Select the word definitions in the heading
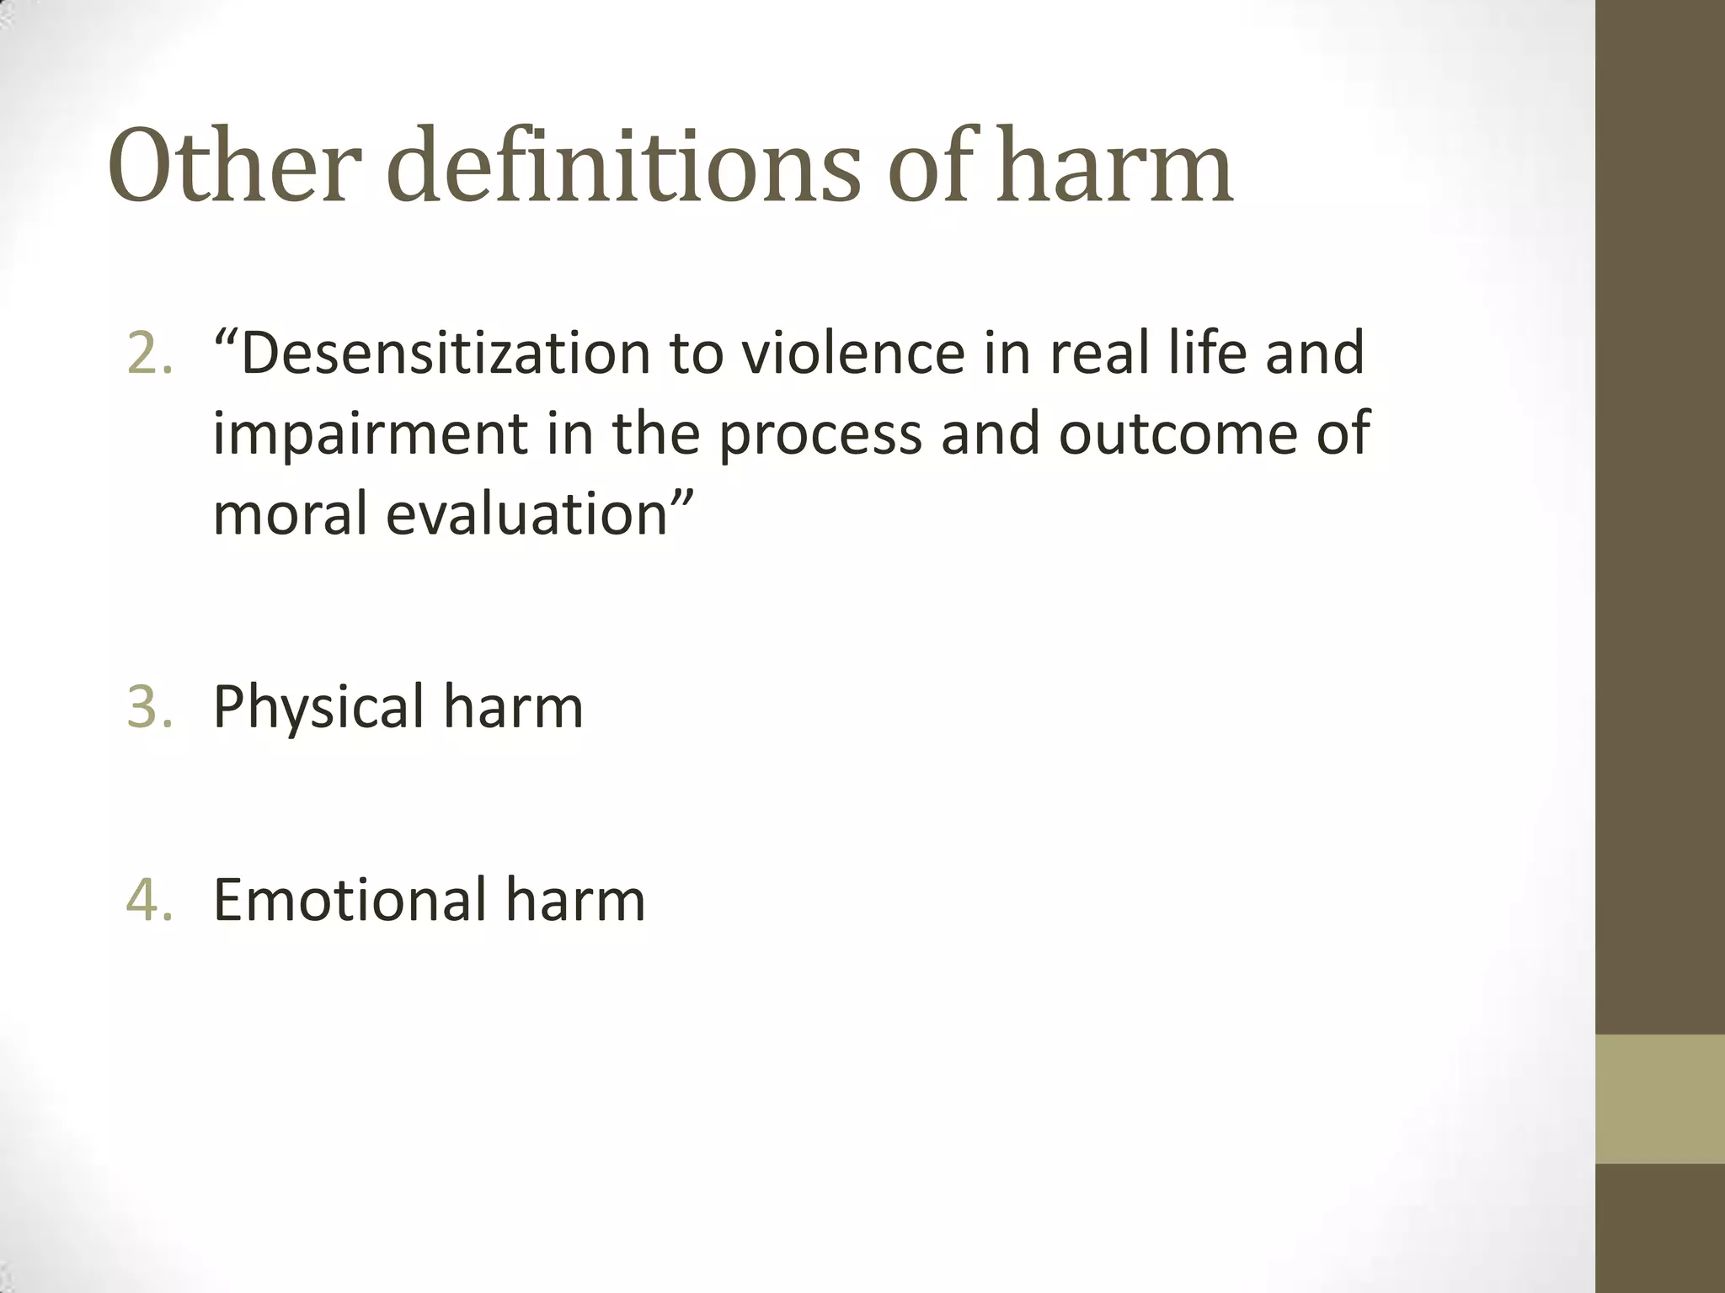coord(623,166)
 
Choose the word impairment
coord(370,434)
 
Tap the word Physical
coord(318,708)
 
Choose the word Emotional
coord(350,900)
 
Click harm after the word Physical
coord(513,706)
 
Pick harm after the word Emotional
coord(575,900)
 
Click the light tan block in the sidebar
coord(1659,1099)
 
